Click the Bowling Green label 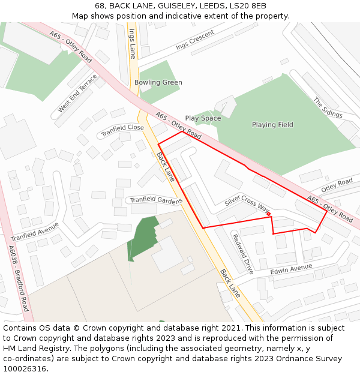(158, 82)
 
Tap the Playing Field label (272, 125)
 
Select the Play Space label (203, 118)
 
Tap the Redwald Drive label (243, 253)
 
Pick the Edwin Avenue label (291, 269)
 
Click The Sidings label (328, 107)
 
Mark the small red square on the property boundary (269, 214)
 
